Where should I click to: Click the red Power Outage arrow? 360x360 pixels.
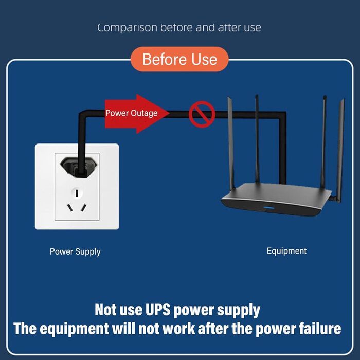click(136, 113)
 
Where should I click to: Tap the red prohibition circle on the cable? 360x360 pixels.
click(201, 114)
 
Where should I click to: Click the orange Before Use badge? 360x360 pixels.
click(179, 59)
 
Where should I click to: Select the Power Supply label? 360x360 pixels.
click(75, 251)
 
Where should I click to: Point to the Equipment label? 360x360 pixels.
click(286, 251)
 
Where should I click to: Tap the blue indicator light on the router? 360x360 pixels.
click(267, 208)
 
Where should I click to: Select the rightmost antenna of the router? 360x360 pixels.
click(340, 149)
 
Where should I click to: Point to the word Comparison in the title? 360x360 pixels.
click(127, 27)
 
